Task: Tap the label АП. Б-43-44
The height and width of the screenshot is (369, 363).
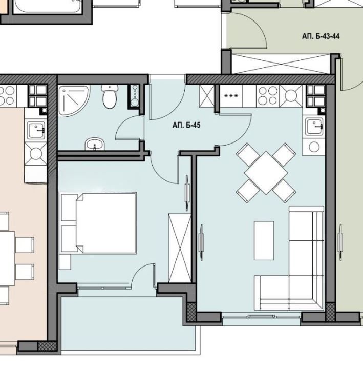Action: tap(321, 36)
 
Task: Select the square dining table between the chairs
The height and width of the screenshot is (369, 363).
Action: tap(266, 172)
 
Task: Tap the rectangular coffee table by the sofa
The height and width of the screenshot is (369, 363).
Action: tap(264, 240)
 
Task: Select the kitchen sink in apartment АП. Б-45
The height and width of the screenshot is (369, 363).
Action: tap(313, 126)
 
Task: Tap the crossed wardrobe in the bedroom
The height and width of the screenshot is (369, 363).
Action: tap(179, 247)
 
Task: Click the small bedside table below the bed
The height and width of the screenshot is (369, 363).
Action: tap(65, 261)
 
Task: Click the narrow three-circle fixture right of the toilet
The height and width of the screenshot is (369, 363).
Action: tap(135, 96)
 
